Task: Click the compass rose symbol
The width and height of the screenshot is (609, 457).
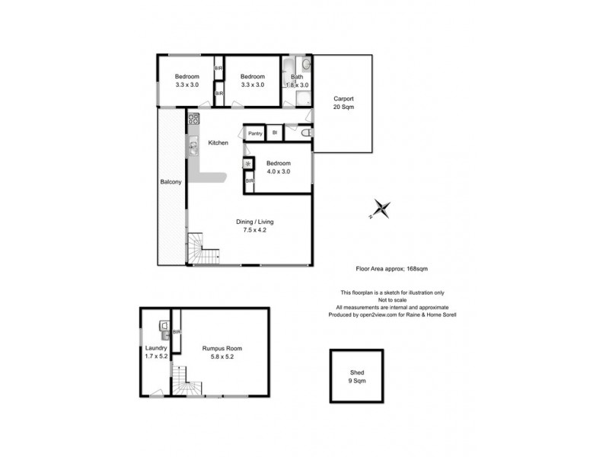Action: [381, 208]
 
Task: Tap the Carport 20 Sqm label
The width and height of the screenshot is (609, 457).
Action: [343, 103]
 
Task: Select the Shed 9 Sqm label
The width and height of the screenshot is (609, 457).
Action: [356, 376]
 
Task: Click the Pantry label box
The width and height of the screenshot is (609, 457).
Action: [254, 133]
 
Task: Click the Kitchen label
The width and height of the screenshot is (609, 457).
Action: [218, 143]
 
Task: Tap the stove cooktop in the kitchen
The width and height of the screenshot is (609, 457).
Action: [193, 119]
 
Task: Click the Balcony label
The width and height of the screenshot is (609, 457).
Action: [171, 182]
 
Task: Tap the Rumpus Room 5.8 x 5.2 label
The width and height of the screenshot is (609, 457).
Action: [222, 353]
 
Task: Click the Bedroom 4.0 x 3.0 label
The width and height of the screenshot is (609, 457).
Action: [282, 168]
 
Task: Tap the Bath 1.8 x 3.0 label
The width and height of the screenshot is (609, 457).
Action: [297, 81]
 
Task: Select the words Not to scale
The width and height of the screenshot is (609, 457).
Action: [391, 300]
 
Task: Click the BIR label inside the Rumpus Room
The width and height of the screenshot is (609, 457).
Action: [177, 332]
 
